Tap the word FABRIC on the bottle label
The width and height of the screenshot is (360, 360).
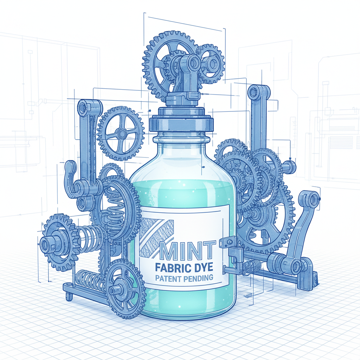click(x=172, y=268)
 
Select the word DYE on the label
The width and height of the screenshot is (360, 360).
click(x=202, y=268)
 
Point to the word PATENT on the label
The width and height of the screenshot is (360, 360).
click(x=169, y=278)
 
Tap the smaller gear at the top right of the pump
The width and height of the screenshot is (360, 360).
click(x=210, y=63)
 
